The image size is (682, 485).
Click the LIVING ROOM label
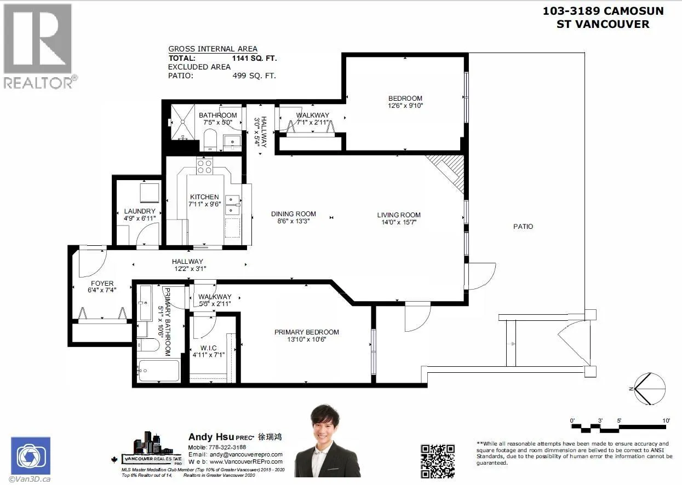click(398, 215)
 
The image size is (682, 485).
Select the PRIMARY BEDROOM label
click(307, 332)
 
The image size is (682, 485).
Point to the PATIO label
click(523, 226)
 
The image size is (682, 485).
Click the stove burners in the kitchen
click(204, 166)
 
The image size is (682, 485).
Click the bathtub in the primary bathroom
click(159, 371)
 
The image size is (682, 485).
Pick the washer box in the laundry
click(149, 193)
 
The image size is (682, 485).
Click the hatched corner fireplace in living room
click(448, 170)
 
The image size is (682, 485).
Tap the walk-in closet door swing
click(204, 326)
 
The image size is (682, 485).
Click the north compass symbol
click(649, 389)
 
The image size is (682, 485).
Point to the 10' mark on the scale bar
click(666, 420)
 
